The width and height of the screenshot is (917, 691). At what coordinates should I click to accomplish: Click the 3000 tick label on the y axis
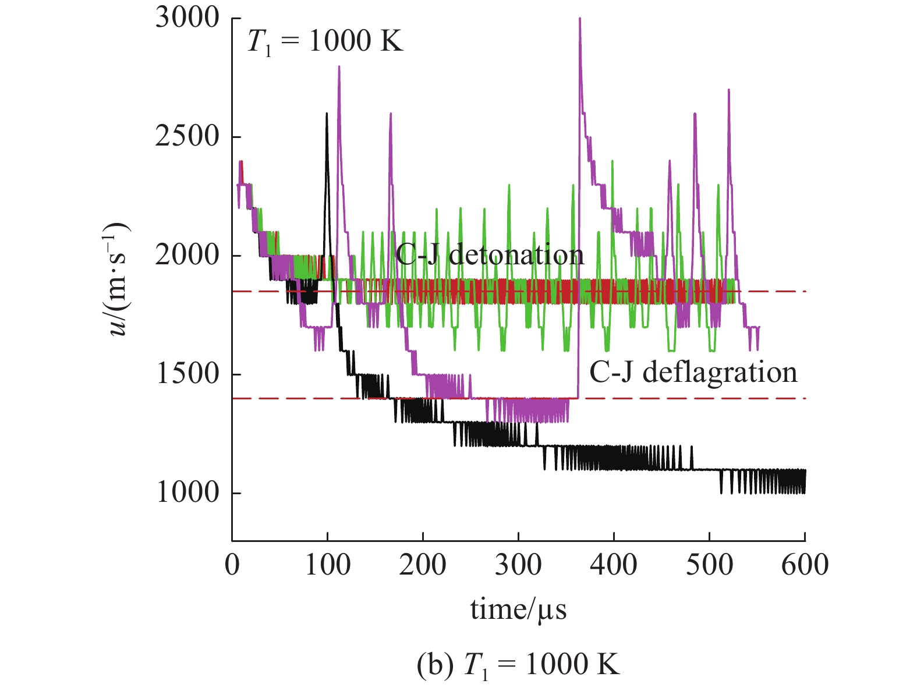(187, 19)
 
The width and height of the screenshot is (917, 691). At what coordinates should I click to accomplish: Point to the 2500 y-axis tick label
(187, 137)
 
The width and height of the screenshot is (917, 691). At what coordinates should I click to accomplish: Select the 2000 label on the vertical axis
(187, 256)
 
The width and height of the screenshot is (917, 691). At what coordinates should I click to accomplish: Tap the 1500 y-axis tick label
(187, 374)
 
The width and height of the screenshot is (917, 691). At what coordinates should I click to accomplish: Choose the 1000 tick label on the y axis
(187, 493)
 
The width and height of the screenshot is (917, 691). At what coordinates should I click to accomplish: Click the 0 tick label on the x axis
(232, 565)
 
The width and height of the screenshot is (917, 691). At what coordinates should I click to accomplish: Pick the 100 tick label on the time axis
(327, 565)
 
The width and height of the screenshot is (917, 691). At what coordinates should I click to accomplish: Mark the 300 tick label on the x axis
(518, 565)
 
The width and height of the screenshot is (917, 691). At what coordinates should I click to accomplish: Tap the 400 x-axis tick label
(614, 565)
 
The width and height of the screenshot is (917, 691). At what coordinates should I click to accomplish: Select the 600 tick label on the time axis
(805, 565)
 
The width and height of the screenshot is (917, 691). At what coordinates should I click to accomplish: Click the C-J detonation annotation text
(489, 254)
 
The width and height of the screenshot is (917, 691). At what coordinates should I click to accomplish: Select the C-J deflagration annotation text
(693, 372)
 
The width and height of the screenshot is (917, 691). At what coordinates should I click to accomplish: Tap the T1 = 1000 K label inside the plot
(325, 42)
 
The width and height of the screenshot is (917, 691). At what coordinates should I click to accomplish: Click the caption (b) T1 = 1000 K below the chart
(518, 664)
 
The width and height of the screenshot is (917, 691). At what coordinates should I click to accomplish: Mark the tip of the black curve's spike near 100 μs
(327, 114)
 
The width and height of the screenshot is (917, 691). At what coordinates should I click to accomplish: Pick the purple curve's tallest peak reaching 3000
(580, 19)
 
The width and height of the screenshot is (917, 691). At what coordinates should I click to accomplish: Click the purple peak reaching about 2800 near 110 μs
(339, 66)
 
